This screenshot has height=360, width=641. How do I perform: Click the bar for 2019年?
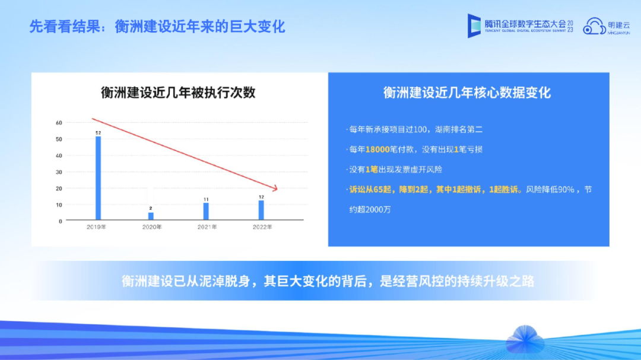coord(98,178)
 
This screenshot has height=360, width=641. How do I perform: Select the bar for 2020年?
coord(151,216)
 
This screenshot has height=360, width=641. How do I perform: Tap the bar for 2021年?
coord(206,211)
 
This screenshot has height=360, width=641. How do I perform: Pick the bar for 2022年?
coord(261,210)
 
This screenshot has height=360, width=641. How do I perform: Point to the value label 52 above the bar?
coord(98,133)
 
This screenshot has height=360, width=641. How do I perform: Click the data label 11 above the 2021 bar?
coord(206,199)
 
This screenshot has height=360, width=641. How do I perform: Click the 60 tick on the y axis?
coord(59,123)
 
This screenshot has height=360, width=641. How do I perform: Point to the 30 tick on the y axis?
coord(59,172)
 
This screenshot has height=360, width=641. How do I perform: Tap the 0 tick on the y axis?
coord(61,221)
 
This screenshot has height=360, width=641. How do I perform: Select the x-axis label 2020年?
coord(152,227)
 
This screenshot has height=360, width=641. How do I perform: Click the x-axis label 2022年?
coord(262,227)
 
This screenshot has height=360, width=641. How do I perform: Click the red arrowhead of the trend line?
coord(275,188)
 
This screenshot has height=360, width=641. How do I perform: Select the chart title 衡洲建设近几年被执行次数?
coord(178,93)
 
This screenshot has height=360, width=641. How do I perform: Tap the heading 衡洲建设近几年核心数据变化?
coord(467,93)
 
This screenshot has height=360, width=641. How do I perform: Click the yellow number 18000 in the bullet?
coord(377,149)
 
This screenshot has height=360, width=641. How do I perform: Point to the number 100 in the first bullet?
coord(420,129)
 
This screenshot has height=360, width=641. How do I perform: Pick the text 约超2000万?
coord(370,209)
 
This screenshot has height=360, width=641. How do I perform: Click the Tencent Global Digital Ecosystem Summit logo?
coord(520,26)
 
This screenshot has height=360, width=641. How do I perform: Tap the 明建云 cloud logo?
coord(606,26)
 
